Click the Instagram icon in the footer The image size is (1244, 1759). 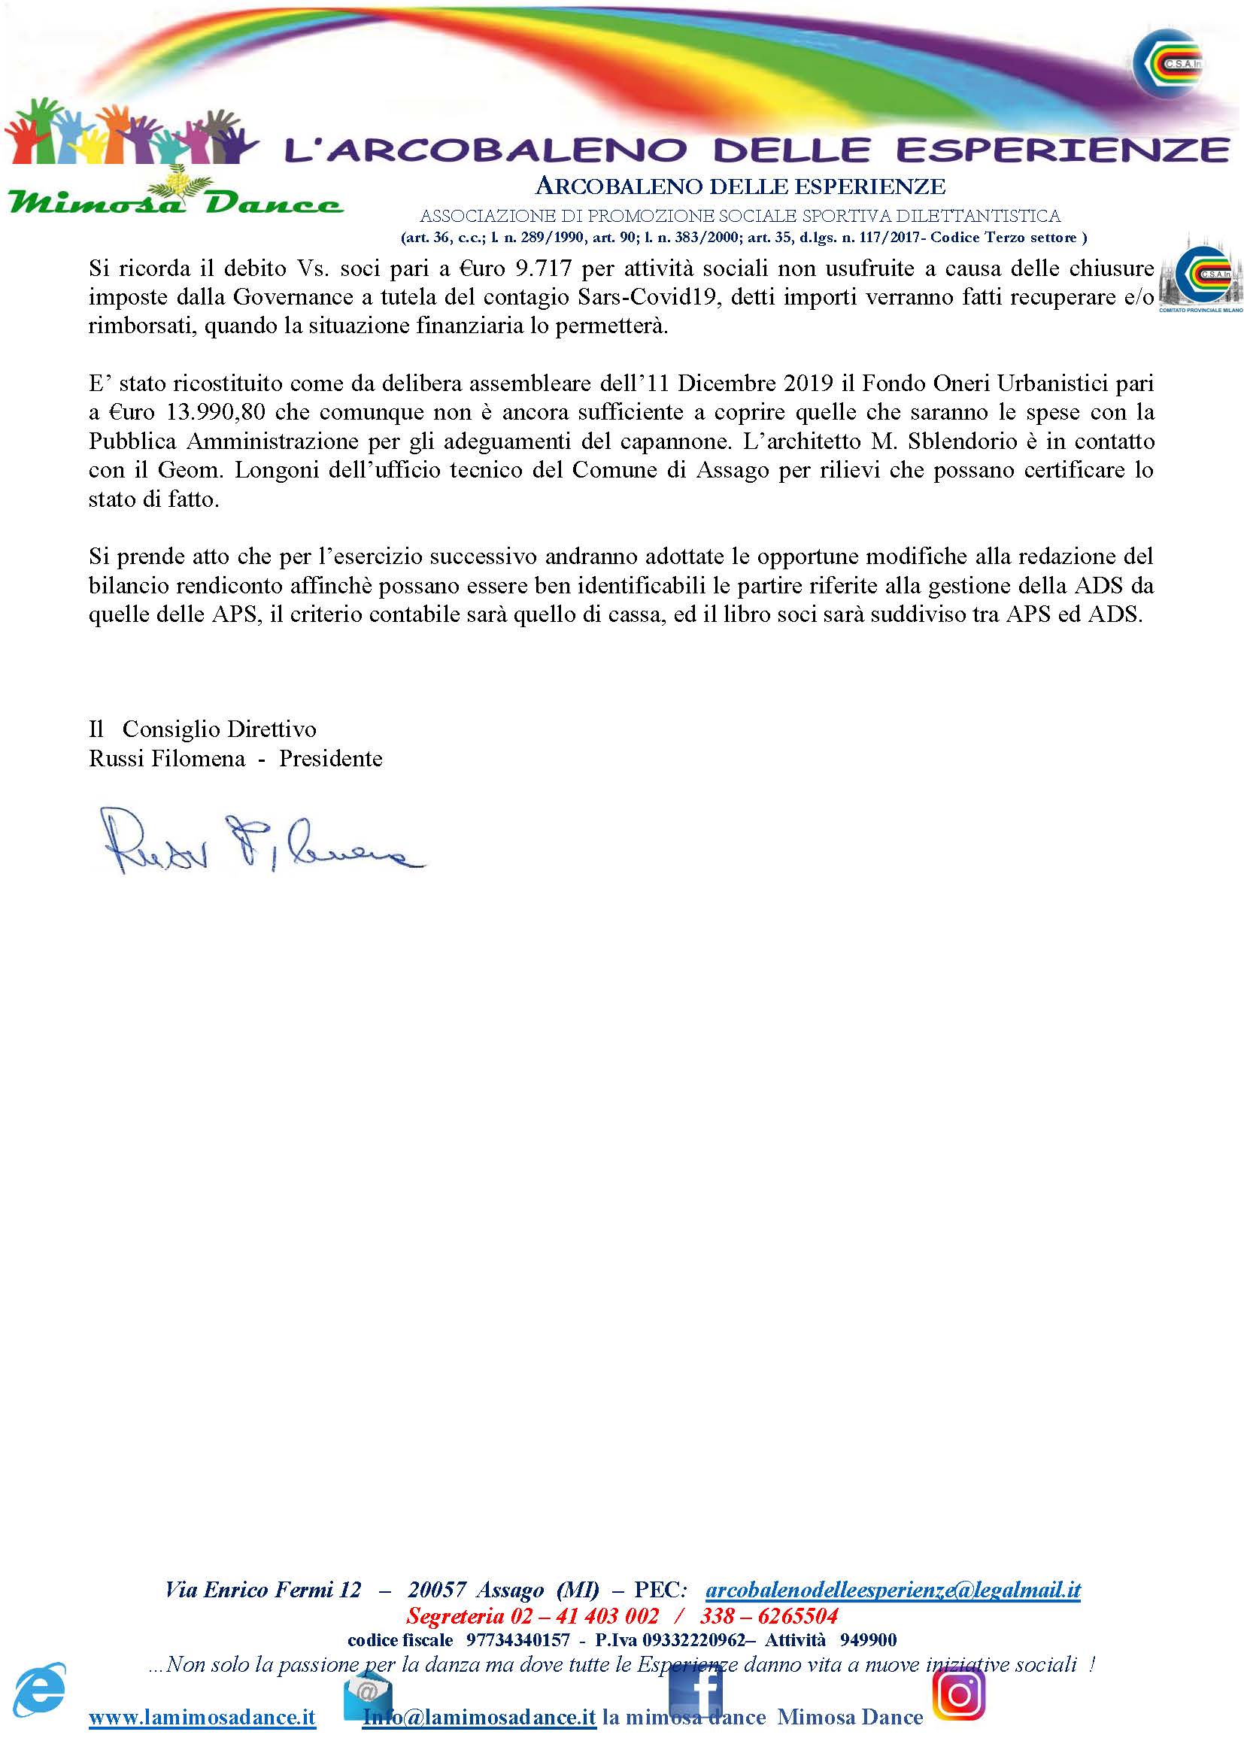958,1694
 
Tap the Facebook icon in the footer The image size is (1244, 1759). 695,1696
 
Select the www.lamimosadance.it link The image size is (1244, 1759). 202,1718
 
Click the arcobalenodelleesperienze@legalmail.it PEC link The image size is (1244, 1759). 893,1590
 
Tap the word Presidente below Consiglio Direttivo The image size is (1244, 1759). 330,759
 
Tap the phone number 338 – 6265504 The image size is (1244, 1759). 769,1615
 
